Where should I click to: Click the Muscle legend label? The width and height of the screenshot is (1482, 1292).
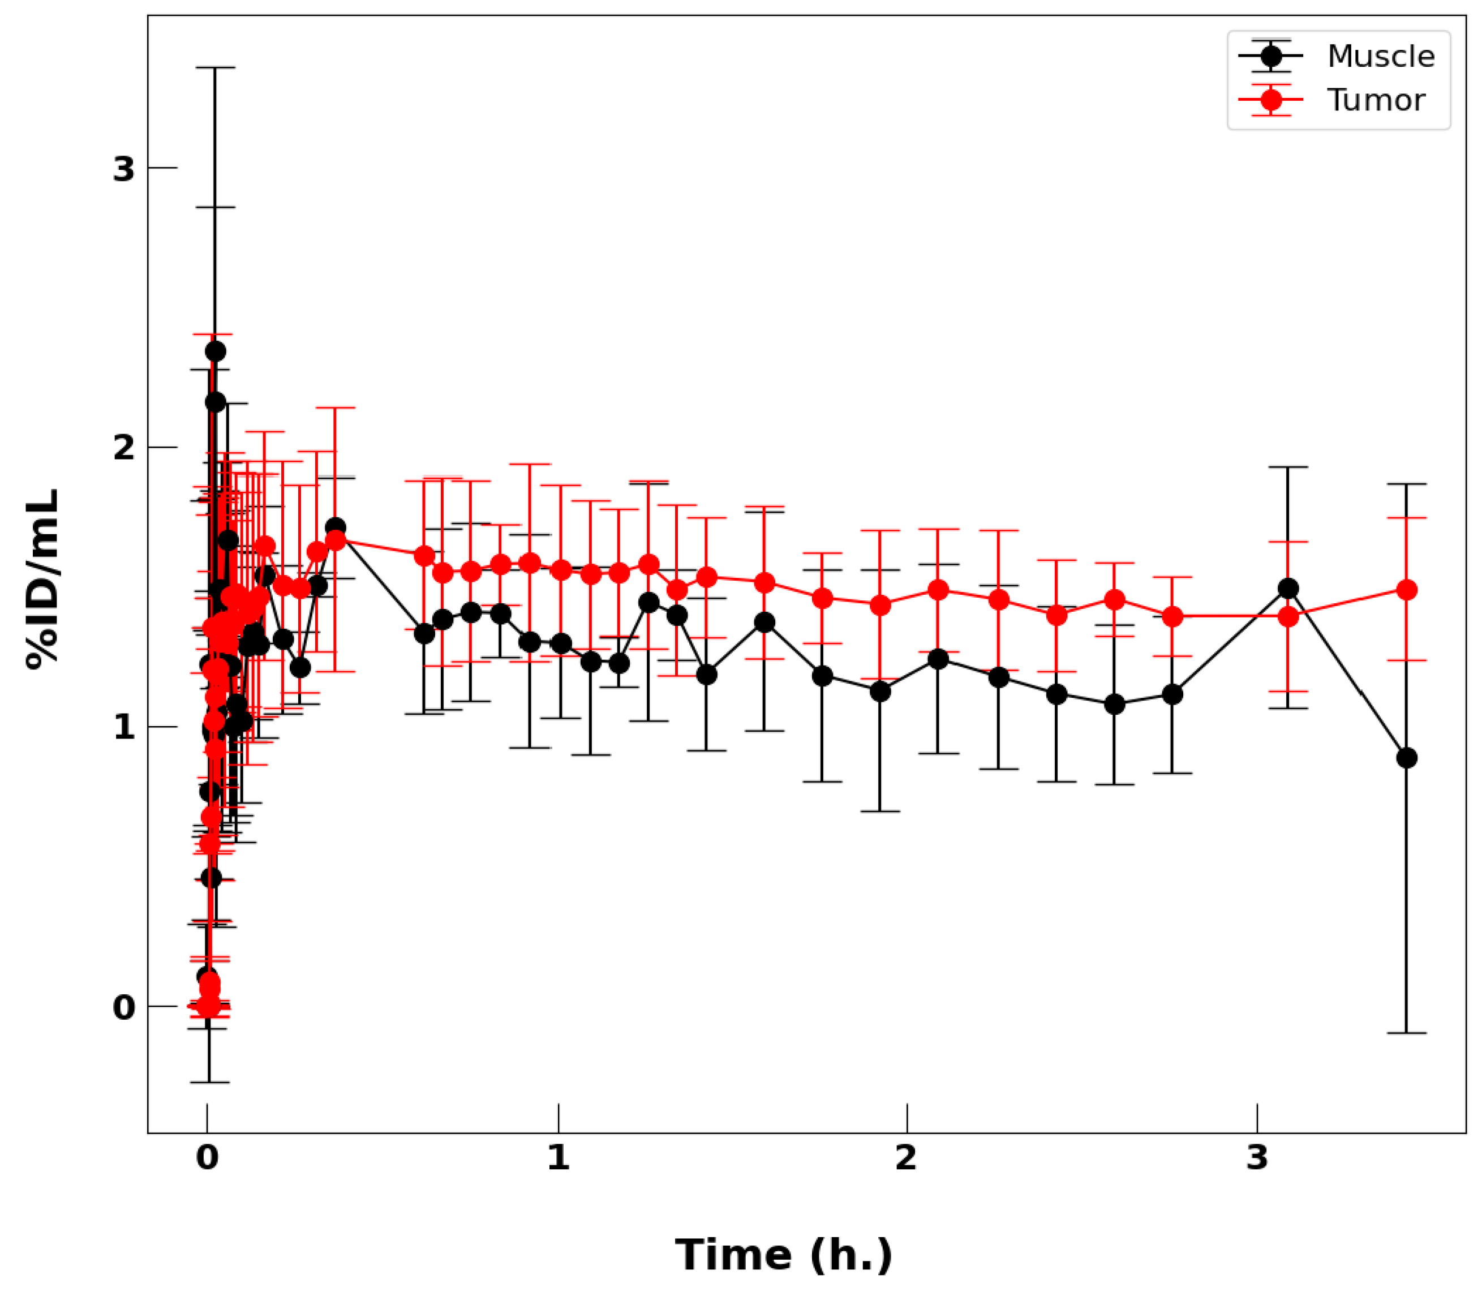click(x=1380, y=56)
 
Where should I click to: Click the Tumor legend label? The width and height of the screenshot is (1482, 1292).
click(x=1375, y=100)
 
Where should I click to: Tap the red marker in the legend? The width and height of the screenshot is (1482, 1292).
click(x=1271, y=100)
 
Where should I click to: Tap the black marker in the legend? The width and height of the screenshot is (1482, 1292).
click(x=1271, y=55)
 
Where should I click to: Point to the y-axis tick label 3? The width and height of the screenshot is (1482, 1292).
click(x=124, y=169)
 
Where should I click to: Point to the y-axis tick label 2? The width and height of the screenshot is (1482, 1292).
click(x=124, y=448)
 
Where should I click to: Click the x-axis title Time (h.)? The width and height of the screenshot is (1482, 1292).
click(x=784, y=1255)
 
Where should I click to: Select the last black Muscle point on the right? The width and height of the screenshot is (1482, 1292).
click(x=1406, y=758)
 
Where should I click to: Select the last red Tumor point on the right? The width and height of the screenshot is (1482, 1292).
click(x=1406, y=590)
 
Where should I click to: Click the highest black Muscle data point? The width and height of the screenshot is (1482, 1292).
click(x=215, y=351)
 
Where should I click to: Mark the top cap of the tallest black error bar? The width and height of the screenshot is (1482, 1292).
click(x=215, y=68)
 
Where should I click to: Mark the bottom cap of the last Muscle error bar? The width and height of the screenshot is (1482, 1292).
click(x=1406, y=1033)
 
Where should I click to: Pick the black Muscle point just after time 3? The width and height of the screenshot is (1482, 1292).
click(x=1288, y=589)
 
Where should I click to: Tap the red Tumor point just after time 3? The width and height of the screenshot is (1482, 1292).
click(x=1288, y=616)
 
